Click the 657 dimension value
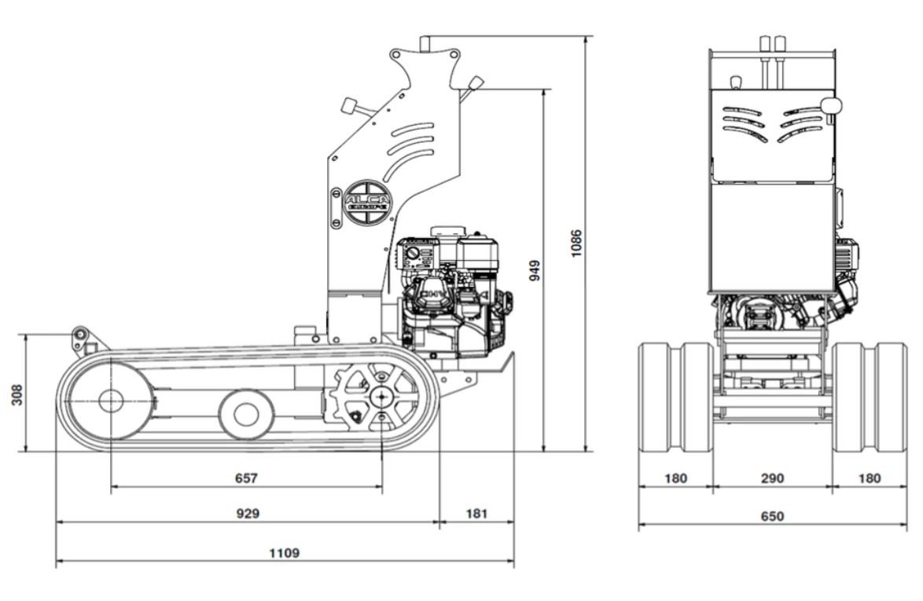[x=246, y=477]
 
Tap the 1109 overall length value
[x=284, y=552]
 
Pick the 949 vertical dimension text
[x=535, y=270]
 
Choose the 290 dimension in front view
[x=772, y=478]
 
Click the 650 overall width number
[x=772, y=516]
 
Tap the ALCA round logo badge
[x=367, y=202]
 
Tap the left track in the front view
[x=675, y=398]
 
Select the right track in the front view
[x=870, y=398]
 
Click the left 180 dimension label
[x=675, y=478]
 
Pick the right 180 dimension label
[x=870, y=478]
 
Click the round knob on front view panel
[x=830, y=104]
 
